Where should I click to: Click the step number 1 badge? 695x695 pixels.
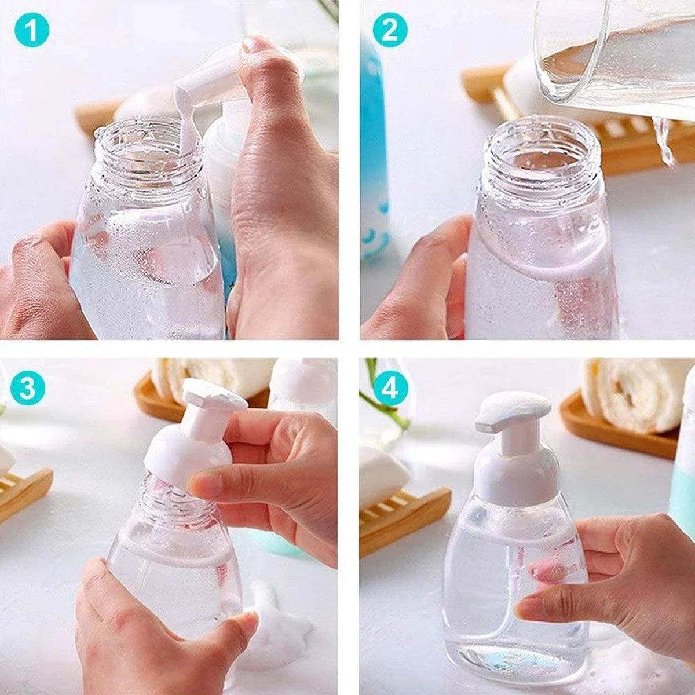pyautogui.click(x=32, y=30)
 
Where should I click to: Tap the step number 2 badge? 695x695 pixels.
pyautogui.click(x=390, y=30)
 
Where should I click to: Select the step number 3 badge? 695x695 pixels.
pyautogui.click(x=28, y=389)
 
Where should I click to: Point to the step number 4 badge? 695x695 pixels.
pyautogui.click(x=390, y=389)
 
